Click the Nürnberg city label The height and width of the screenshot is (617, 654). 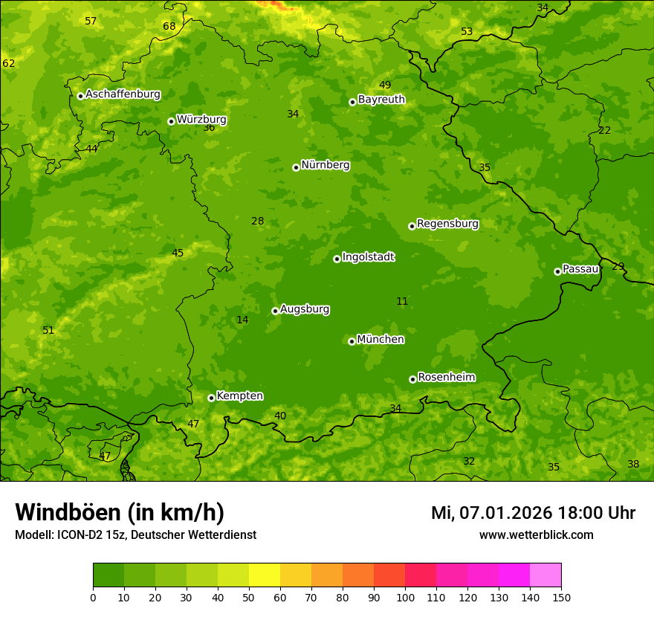pyautogui.click(x=325, y=165)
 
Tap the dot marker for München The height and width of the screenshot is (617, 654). pyautogui.click(x=352, y=341)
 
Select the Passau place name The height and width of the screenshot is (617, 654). pyautogui.click(x=580, y=269)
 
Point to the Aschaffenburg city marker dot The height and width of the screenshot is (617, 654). pyautogui.click(x=80, y=96)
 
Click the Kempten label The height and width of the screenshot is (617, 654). pyautogui.click(x=239, y=396)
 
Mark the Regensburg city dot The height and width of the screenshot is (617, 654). pyautogui.click(x=412, y=226)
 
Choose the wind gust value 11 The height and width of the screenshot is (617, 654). pyautogui.click(x=402, y=301)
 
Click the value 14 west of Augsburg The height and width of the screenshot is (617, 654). pyautogui.click(x=242, y=320)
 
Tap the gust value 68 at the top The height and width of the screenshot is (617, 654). pyautogui.click(x=169, y=27)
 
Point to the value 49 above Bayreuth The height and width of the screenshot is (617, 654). pyautogui.click(x=385, y=85)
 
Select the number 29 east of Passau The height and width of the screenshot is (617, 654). pyautogui.click(x=618, y=266)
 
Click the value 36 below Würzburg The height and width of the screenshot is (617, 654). pyautogui.click(x=209, y=128)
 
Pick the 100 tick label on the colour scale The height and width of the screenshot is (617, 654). pyautogui.click(x=405, y=597)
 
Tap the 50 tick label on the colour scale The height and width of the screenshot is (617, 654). pyautogui.click(x=249, y=597)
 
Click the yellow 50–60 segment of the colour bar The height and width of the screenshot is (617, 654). pyautogui.click(x=265, y=575)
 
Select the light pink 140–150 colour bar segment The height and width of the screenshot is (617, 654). pyautogui.click(x=545, y=575)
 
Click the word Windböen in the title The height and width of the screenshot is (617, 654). pyautogui.click(x=68, y=512)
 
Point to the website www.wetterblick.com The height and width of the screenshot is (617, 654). pyautogui.click(x=536, y=534)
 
